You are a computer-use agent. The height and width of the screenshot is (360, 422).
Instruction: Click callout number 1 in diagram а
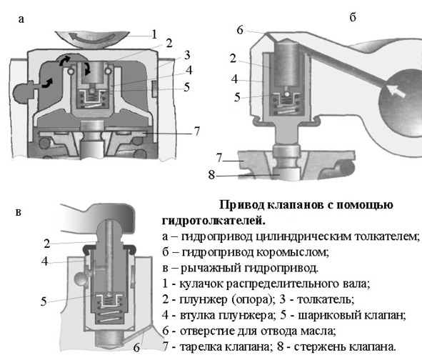click(x=154, y=34)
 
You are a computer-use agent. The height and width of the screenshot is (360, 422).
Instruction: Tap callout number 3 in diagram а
click(x=187, y=55)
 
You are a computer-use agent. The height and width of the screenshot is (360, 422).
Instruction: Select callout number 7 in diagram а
click(x=197, y=131)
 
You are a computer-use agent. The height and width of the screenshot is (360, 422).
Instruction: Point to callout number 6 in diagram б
click(x=239, y=30)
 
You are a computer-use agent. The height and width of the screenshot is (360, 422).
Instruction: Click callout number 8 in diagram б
click(x=211, y=175)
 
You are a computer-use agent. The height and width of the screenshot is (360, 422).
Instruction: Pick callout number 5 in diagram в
click(x=44, y=301)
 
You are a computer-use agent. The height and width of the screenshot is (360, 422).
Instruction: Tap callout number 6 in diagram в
click(x=136, y=348)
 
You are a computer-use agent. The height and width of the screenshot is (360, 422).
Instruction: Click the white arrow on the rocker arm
click(x=396, y=91)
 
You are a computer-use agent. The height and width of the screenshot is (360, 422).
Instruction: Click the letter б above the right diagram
click(x=353, y=17)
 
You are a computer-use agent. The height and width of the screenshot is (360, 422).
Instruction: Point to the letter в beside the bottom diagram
click(x=19, y=212)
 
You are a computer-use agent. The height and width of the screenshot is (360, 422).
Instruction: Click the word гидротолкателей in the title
click(x=213, y=221)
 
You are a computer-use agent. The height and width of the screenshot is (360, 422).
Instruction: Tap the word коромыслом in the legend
click(x=292, y=252)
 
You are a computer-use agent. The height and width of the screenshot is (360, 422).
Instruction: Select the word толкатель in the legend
click(x=325, y=299)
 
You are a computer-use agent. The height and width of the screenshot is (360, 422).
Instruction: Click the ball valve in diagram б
click(x=288, y=95)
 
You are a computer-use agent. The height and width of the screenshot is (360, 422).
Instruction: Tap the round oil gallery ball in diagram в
click(x=80, y=278)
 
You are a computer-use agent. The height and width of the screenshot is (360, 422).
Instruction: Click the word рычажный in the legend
click(x=211, y=268)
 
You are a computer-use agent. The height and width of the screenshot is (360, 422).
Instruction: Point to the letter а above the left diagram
click(x=21, y=20)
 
